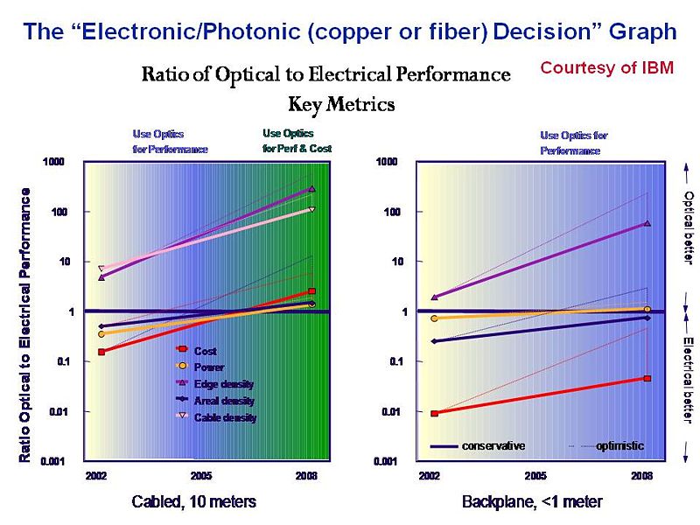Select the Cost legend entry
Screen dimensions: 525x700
(x=206, y=351)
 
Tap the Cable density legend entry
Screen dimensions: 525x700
(x=225, y=417)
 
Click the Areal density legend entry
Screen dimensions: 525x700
(x=224, y=401)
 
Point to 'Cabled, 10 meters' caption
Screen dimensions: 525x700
(x=193, y=502)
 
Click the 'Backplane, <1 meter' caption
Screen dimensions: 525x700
(x=532, y=502)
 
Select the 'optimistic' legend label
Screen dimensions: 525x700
(x=619, y=446)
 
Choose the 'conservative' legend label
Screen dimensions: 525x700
(x=493, y=446)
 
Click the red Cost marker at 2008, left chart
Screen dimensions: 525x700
(x=312, y=291)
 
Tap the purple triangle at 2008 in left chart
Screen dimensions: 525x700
(x=312, y=189)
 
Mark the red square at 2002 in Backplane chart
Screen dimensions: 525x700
(x=434, y=413)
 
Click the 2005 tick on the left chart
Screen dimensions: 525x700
(x=203, y=475)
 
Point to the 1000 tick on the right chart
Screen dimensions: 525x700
(x=388, y=162)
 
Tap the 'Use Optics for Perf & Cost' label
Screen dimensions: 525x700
(x=297, y=141)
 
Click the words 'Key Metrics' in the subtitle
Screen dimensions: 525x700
(x=341, y=104)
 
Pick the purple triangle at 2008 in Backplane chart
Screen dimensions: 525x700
(x=647, y=224)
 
